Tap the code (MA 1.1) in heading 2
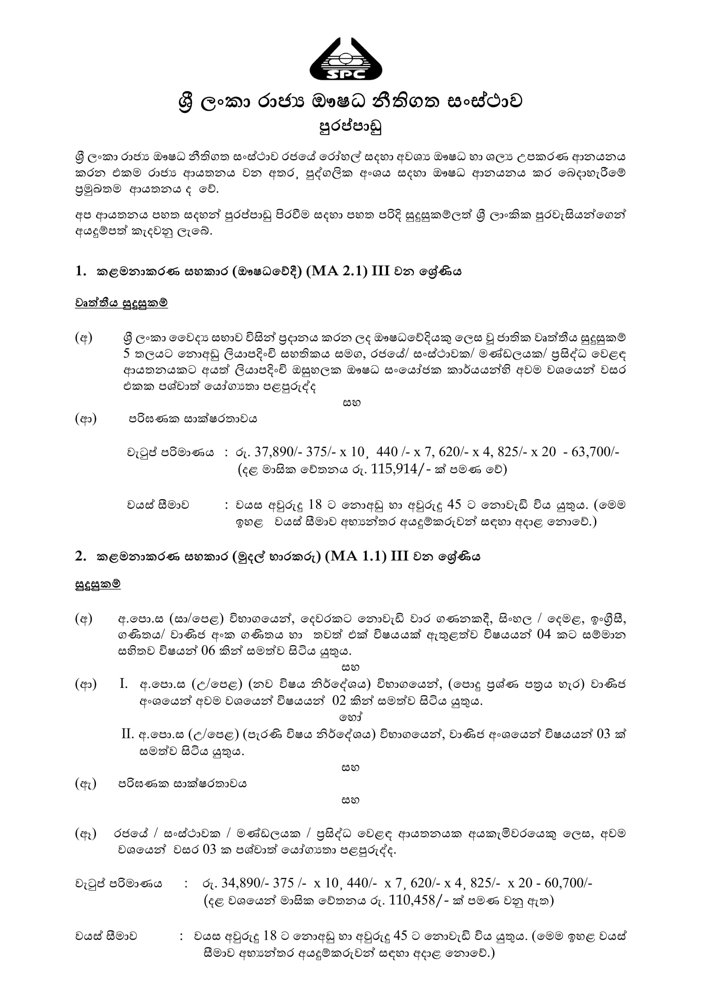click(x=355, y=556)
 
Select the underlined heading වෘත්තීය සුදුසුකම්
click(x=121, y=303)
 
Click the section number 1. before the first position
click(x=80, y=271)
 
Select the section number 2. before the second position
click(x=80, y=556)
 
